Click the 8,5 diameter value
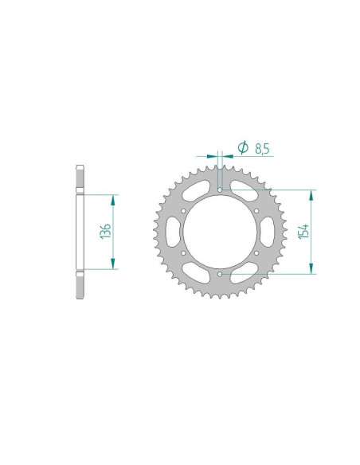pos(261,147)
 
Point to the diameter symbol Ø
pos(242,147)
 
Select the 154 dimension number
pos(303,232)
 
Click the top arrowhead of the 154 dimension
pos(311,193)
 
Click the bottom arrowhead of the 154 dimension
pos(311,271)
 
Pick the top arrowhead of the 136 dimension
pos(114,197)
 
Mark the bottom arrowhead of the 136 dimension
pos(114,266)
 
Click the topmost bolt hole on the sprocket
pos(220,191)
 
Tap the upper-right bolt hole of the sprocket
pos(256,212)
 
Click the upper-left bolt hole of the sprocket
pos(184,212)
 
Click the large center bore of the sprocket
pos(220,233)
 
